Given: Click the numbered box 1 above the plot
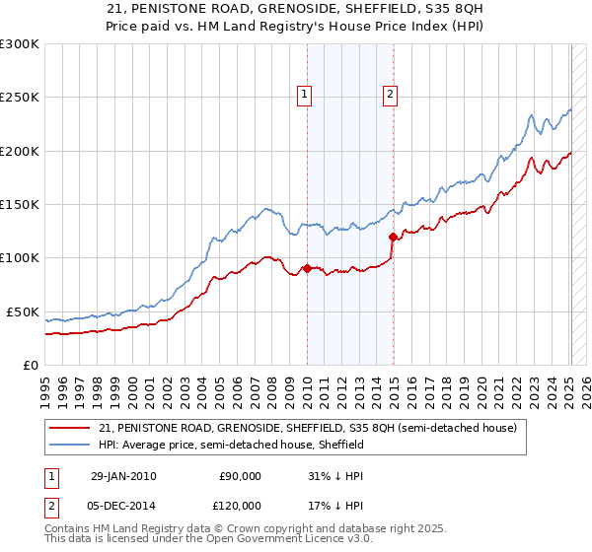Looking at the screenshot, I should point(304,95).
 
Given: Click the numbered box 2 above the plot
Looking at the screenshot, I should point(391,95).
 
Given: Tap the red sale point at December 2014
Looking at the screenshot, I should point(393,237).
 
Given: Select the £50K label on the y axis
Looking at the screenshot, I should point(24,311).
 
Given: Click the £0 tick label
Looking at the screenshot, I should point(31,365).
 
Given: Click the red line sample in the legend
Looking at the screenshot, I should point(72,428).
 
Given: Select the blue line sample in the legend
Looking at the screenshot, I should point(72,445).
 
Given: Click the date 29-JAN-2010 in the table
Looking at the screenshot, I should point(123,476).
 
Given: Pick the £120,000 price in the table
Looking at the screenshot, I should point(240,505).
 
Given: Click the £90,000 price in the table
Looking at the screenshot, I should point(240,476).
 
